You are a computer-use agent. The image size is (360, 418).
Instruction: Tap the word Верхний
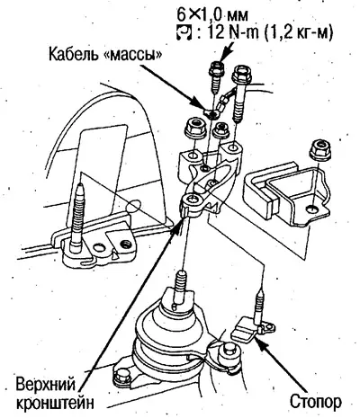pyautogui.click(x=46, y=385)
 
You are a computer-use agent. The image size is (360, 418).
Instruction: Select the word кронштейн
pyautogui.click(x=55, y=403)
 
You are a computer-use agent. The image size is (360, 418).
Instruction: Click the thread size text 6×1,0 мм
pyautogui.click(x=211, y=15)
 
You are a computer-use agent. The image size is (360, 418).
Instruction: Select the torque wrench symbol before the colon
pyautogui.click(x=184, y=33)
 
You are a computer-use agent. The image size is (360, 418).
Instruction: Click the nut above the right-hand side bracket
pyautogui.click(x=319, y=148)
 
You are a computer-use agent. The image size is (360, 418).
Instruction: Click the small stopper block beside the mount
pyautogui.click(x=245, y=330)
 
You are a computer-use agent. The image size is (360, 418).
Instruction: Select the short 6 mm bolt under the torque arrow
pyautogui.click(x=216, y=77)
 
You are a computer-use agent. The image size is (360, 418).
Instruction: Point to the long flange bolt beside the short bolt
pyautogui.click(x=239, y=93)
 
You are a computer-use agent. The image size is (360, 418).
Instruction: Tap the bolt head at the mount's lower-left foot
pyautogui.click(x=121, y=375)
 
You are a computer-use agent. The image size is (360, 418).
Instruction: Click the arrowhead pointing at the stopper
pyautogui.click(x=262, y=342)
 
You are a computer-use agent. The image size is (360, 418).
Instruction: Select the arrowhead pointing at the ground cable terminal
pyautogui.click(x=197, y=105)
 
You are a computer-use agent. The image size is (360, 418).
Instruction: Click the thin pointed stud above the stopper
pyautogui.click(x=259, y=306)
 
